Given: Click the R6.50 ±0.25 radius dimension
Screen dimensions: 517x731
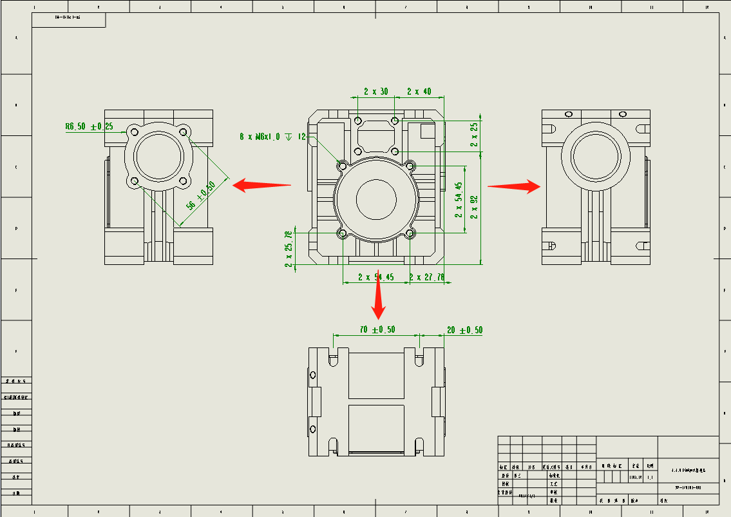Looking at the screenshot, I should (89, 127).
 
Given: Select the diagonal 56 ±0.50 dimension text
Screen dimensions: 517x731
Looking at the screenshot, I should (201, 197).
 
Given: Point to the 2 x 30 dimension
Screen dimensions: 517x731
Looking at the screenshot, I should (376, 92).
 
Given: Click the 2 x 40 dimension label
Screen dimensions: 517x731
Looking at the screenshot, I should (419, 92).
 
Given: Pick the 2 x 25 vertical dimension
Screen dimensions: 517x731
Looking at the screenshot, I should (475, 135).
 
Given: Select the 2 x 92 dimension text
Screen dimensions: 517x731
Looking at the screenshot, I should (475, 208).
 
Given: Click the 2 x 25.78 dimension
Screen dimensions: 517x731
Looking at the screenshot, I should (289, 246).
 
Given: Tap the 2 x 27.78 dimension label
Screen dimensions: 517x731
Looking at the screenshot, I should (427, 277).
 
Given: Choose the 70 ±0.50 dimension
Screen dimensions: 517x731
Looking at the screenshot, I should (377, 330).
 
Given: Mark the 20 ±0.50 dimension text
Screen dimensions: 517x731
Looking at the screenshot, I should (464, 330).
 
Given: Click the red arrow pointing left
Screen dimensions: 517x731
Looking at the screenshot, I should (261, 185).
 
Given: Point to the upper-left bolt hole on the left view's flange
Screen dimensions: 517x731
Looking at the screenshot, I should (134, 132).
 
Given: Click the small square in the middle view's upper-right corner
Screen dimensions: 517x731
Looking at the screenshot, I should (428, 131).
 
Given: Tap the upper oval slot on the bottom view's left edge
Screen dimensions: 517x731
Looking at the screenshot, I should (313, 375).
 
